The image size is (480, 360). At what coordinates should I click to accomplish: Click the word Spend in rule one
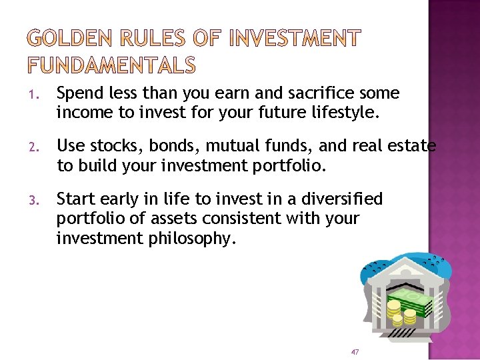tap(78, 93)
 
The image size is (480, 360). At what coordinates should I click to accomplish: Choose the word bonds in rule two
tap(166, 146)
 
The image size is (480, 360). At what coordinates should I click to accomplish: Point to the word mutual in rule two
tap(223, 146)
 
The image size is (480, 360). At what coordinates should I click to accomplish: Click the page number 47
tap(355, 351)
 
